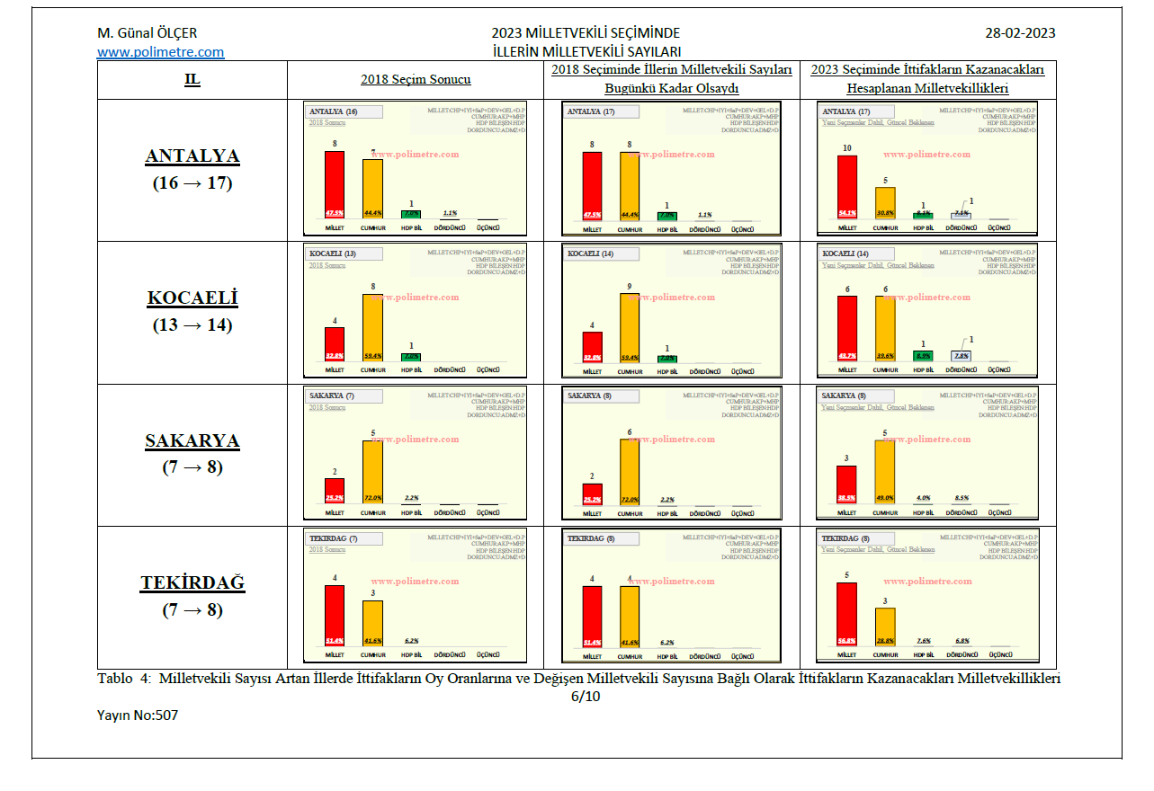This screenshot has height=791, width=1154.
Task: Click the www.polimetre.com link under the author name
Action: (160, 52)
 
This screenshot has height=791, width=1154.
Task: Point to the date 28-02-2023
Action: (1020, 33)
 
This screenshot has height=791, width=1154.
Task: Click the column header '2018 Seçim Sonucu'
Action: (416, 79)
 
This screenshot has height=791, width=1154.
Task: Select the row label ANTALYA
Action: (192, 156)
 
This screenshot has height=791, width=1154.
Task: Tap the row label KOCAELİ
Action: (192, 298)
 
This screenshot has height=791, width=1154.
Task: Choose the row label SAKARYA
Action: (192, 440)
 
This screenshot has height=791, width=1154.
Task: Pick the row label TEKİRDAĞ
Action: (192, 582)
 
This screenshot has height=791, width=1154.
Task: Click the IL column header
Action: (192, 79)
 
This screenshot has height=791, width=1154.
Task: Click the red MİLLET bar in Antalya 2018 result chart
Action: (335, 184)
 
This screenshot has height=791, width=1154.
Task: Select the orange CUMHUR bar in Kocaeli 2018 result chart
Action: (372, 327)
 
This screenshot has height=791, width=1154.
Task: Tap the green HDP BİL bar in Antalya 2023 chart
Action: (923, 215)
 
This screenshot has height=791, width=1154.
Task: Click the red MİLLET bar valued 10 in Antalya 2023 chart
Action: (847, 187)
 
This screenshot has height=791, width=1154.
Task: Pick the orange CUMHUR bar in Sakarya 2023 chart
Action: (885, 471)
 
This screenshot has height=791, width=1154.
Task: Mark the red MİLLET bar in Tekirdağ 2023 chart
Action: (847, 614)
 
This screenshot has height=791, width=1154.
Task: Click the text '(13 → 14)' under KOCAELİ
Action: (192, 325)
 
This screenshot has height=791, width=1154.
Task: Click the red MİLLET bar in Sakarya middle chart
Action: (591, 493)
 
